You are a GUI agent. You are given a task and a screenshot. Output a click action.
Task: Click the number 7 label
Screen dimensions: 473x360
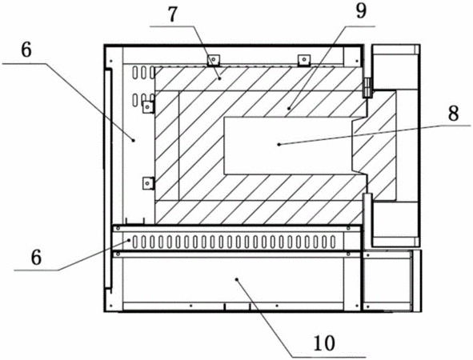coord(172,14)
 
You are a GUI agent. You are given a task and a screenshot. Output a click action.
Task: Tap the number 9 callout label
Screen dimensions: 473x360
coord(361,11)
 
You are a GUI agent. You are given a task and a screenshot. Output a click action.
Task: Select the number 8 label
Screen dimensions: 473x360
coord(453,114)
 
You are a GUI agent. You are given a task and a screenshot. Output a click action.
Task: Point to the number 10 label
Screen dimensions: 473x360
coord(324,343)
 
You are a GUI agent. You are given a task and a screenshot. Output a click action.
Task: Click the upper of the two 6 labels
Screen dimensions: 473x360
coord(26,50)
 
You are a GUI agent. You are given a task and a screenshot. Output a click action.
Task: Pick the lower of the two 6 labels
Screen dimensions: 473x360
coord(36,258)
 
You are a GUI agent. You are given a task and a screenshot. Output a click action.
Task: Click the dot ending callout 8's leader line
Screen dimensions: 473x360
coord(279,145)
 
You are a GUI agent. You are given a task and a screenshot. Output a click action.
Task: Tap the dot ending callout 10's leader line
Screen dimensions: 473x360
coord(237,279)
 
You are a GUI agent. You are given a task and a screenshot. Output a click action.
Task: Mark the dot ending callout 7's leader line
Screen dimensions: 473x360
coord(219,78)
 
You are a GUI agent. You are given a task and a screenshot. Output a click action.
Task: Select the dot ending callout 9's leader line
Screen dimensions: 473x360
coord(289,108)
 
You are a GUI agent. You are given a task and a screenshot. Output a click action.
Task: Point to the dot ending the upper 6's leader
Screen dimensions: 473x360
coord(134,139)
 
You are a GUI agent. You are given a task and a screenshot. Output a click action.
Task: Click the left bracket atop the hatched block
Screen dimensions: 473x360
coord(214,60)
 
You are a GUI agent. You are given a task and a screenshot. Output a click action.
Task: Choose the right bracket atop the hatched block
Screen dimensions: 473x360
coord(304,60)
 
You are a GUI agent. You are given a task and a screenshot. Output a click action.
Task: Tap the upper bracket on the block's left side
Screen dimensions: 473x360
coord(148,107)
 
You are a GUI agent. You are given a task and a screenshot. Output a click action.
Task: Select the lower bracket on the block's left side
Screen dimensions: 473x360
coord(148,183)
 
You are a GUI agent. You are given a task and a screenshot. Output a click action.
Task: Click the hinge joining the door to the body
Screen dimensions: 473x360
coord(367,87)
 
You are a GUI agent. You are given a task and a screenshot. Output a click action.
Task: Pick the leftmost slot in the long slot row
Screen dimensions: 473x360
coord(135,242)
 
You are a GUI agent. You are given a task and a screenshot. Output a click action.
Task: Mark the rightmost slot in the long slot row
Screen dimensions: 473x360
coord(333,242)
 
